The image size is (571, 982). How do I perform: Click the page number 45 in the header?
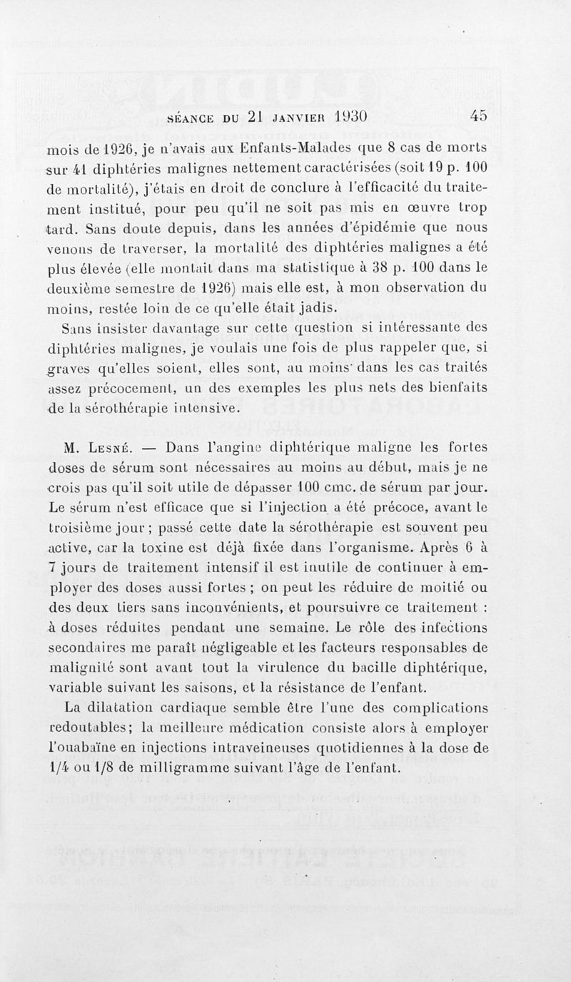pos(477,116)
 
